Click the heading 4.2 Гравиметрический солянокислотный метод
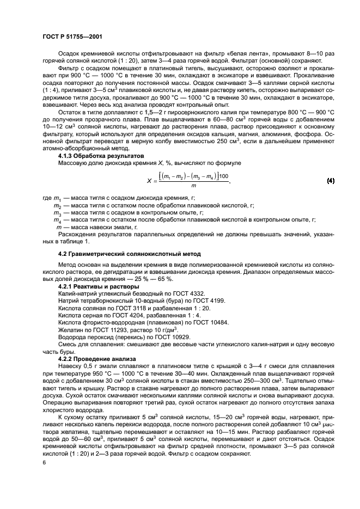point(122,254)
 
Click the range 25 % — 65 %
point(152,278)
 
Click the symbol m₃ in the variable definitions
point(57,213)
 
